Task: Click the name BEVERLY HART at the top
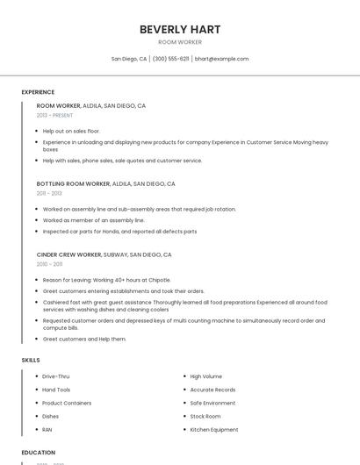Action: click(180, 30)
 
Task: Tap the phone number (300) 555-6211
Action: click(171, 59)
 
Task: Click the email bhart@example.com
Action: click(221, 59)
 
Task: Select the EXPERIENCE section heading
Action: click(38, 92)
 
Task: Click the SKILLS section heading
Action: click(31, 360)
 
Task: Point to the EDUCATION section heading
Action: click(38, 453)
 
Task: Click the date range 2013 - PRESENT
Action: click(54, 115)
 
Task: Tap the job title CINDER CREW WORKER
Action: click(69, 254)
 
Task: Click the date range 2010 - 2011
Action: click(49, 264)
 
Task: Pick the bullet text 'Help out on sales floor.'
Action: click(71, 131)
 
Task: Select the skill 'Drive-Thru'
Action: click(55, 376)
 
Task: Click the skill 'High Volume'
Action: click(206, 376)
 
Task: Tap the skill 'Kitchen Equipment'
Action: click(214, 430)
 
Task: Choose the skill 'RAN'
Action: click(47, 430)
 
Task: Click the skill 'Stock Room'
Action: click(205, 416)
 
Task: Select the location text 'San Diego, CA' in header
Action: click(129, 59)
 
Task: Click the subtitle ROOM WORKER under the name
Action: click(180, 42)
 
